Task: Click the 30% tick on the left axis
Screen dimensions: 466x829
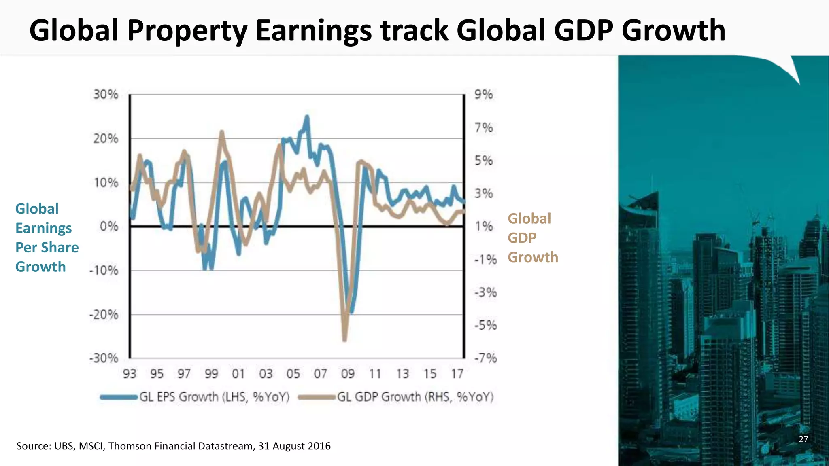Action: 106,95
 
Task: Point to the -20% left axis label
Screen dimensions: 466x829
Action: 104,314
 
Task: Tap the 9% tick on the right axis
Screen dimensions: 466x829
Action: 483,95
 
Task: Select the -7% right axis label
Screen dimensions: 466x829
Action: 485,358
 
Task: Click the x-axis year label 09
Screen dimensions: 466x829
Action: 348,374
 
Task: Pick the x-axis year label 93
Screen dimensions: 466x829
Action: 130,374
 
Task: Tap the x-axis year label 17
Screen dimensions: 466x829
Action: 457,374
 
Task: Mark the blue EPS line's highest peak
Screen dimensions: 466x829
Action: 307,117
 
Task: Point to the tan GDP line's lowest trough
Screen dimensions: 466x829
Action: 345,340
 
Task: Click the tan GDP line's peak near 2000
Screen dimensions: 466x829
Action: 221,132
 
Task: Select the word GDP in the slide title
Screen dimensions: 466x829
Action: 583,31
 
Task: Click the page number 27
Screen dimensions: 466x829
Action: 803,439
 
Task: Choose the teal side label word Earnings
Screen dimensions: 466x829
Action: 43,228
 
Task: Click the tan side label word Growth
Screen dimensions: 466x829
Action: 533,257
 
